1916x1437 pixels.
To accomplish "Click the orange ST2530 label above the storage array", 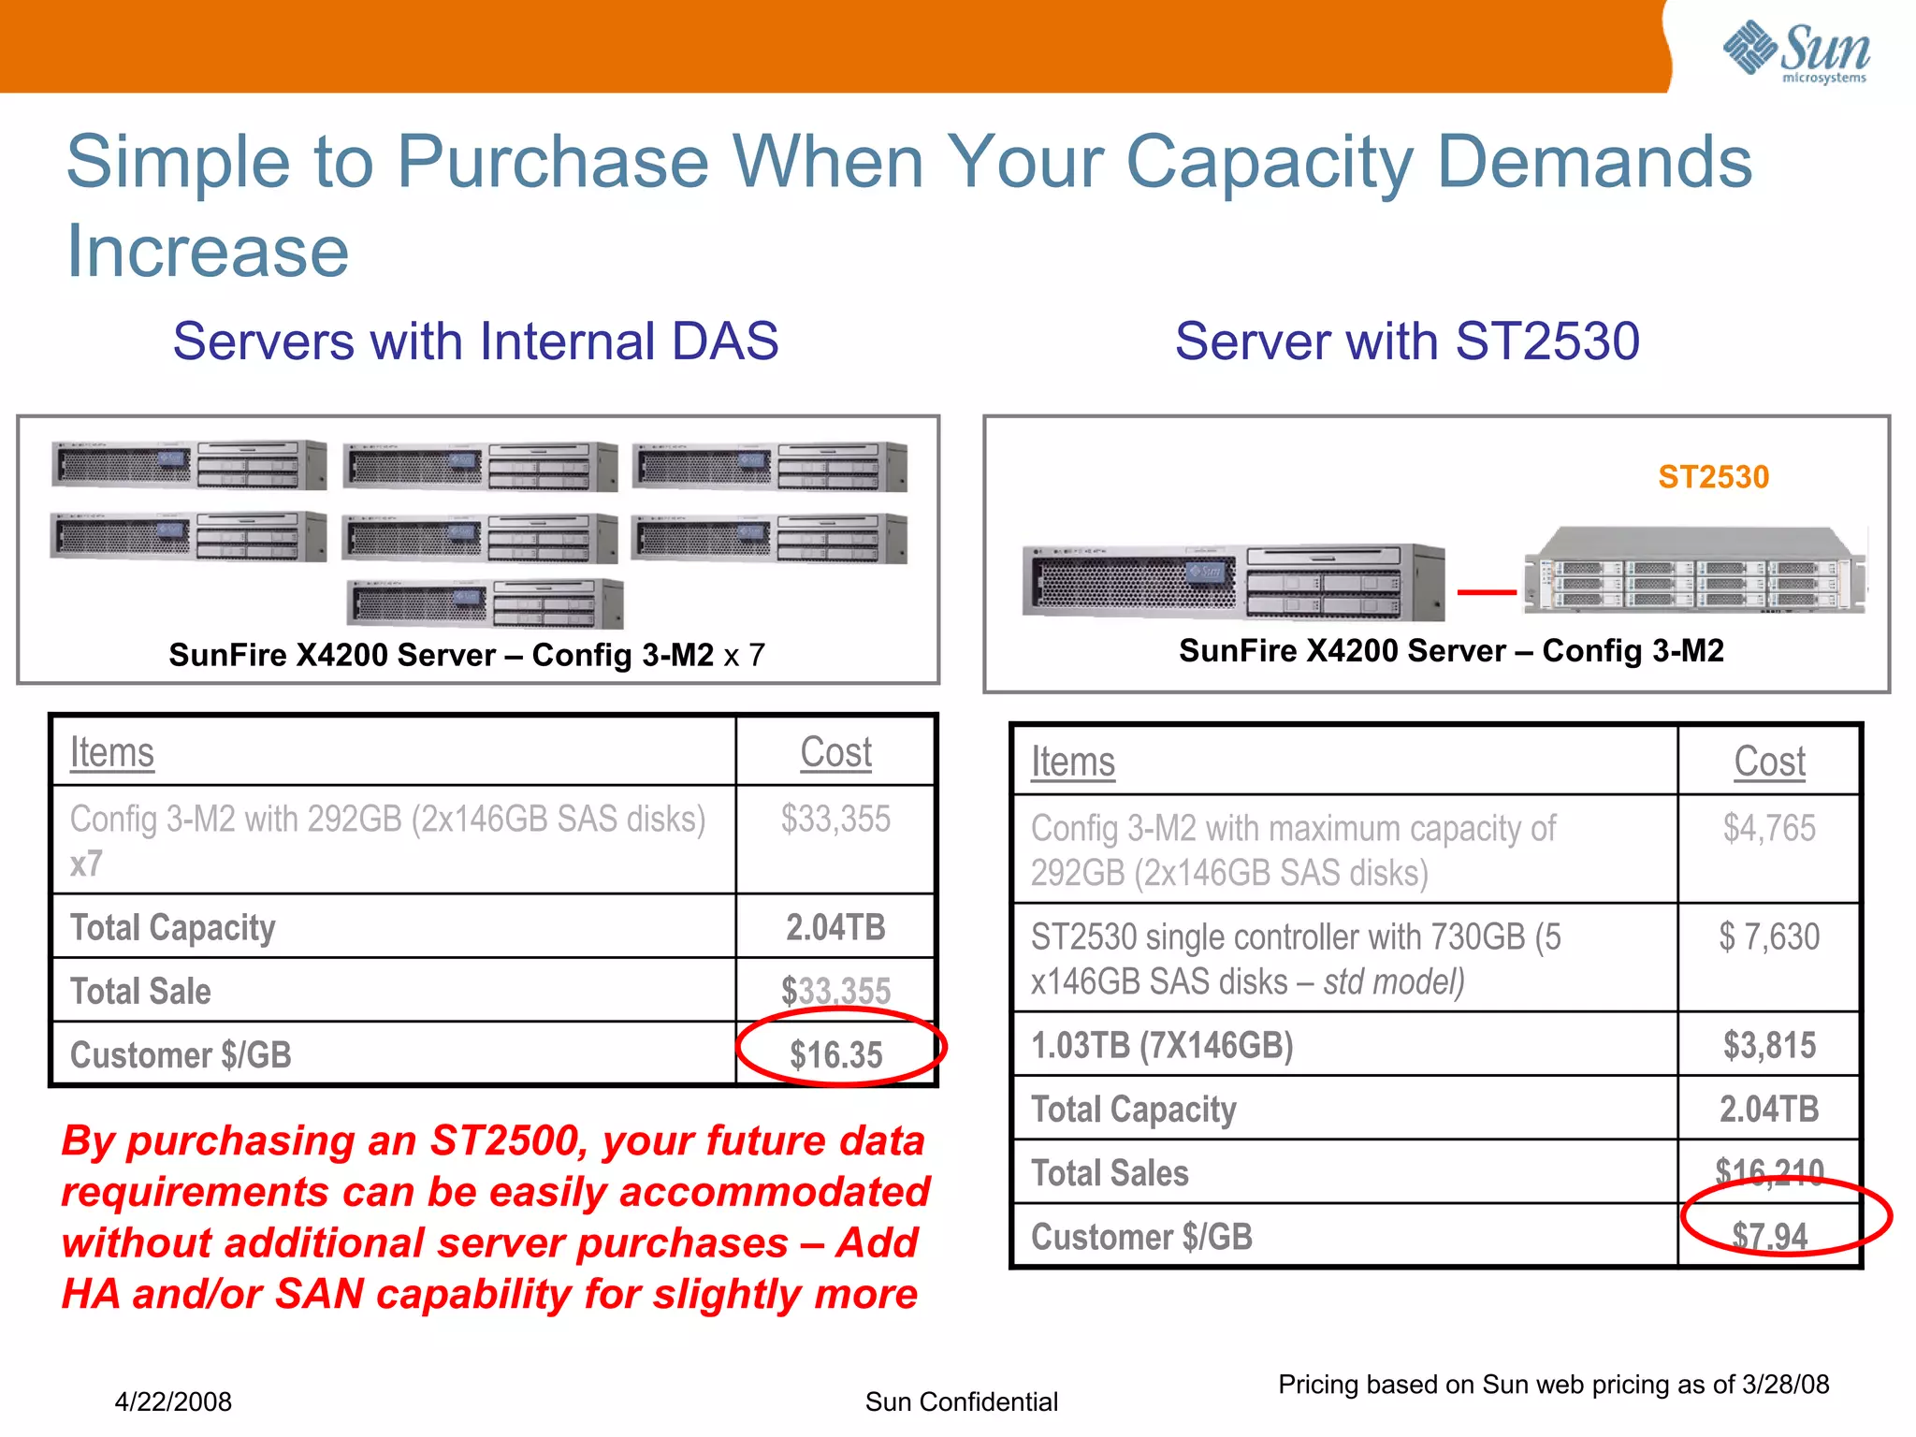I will pyautogui.click(x=1713, y=477).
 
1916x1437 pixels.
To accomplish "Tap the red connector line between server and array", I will pyautogui.click(x=1487, y=591).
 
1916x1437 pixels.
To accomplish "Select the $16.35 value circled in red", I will pyautogui.click(x=836, y=1054).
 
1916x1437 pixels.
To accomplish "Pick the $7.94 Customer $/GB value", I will pyautogui.click(x=1769, y=1236).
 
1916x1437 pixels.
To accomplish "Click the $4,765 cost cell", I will pyautogui.click(x=1768, y=828).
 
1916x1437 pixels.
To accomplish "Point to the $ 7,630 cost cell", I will pyautogui.click(x=1768, y=936).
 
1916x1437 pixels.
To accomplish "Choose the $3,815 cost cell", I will pyautogui.click(x=1769, y=1045).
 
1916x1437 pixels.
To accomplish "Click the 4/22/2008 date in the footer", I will pyautogui.click(x=173, y=1401).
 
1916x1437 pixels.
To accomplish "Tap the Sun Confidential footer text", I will pyautogui.click(x=961, y=1401).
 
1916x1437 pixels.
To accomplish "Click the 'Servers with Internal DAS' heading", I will pyautogui.click(x=475, y=341).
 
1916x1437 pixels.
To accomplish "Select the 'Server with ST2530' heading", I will pyautogui.click(x=1407, y=341).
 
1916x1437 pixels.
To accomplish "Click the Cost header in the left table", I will pyautogui.click(x=835, y=752).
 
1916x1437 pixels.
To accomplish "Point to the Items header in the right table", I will pyautogui.click(x=1072, y=762).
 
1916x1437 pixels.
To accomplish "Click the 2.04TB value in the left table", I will pyautogui.click(x=835, y=927).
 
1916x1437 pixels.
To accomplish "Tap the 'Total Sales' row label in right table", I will pyautogui.click(x=1110, y=1172).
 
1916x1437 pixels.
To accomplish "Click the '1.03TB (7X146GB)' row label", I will pyautogui.click(x=1162, y=1045).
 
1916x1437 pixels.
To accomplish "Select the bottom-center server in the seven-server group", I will pyautogui.click(x=485, y=603).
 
